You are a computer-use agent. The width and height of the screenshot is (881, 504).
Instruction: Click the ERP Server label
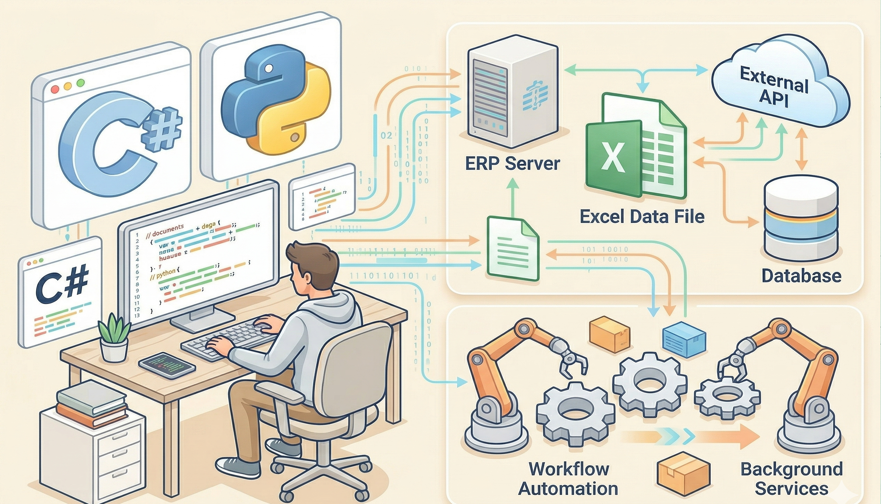[512, 164]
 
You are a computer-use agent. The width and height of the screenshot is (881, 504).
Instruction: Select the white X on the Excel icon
[613, 158]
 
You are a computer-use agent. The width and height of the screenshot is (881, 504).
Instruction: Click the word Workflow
[569, 469]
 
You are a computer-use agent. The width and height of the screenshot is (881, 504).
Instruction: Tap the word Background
[791, 469]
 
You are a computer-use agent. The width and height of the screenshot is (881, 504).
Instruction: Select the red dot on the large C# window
[55, 90]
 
